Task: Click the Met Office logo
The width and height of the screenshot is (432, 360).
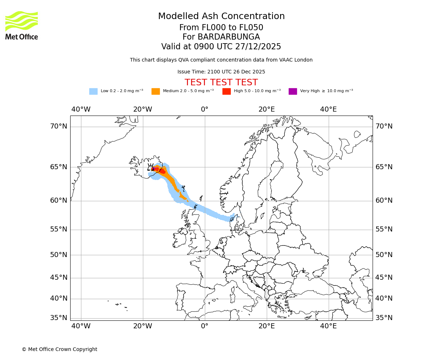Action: point(22,25)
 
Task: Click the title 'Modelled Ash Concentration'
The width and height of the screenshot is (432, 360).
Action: point(221,16)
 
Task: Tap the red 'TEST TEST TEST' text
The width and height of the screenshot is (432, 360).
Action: point(221,82)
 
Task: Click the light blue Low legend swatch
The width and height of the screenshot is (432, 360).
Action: point(93,91)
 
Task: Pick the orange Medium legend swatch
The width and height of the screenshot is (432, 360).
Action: point(156,91)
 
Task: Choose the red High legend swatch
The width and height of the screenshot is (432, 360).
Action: point(226,91)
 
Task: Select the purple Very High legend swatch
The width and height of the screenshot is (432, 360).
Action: point(293,91)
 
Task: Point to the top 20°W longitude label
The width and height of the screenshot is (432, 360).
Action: point(143,109)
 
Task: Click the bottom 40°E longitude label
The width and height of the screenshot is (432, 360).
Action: point(328,326)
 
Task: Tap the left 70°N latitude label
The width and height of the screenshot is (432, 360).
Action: point(58,126)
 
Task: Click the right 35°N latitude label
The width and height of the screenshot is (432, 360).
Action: point(384,318)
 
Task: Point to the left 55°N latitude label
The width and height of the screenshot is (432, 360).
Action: point(58,229)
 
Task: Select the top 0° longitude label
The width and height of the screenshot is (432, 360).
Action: point(204,109)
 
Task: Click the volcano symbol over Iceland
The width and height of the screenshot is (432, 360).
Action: point(151,167)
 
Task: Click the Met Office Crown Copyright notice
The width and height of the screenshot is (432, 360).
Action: point(59,349)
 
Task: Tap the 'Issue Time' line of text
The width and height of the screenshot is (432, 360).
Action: point(221,72)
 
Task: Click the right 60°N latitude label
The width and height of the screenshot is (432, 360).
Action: point(384,201)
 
